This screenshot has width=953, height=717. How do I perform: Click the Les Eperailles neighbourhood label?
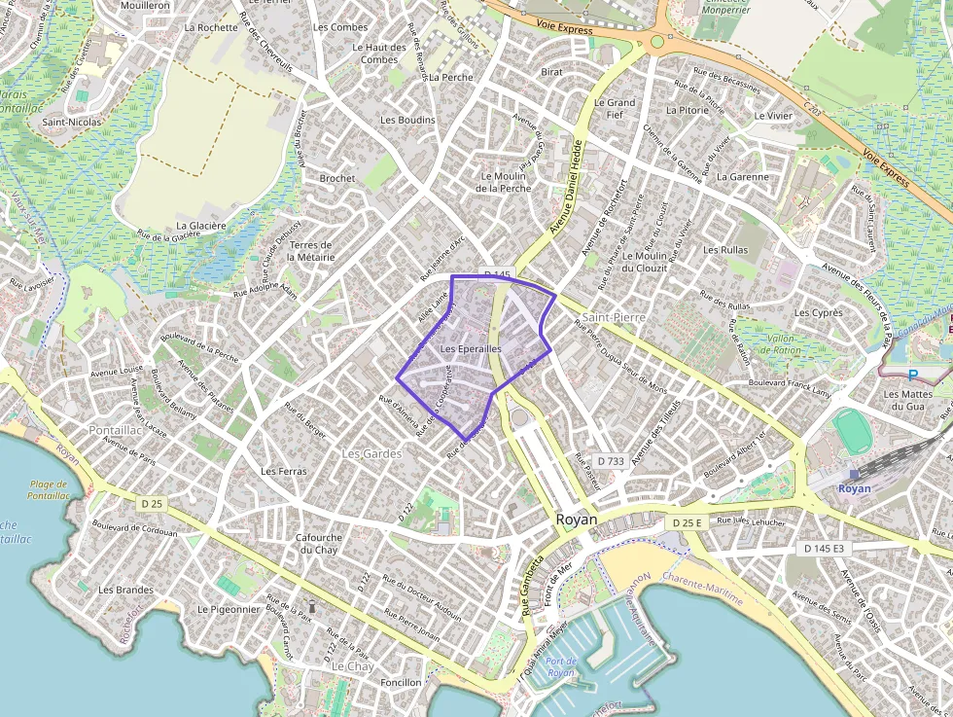(471, 348)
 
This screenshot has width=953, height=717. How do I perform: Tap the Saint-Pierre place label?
(616, 317)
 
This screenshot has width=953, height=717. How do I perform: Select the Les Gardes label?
(371, 453)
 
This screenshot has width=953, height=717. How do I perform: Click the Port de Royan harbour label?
(561, 667)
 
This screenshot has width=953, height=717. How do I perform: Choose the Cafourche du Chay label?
(318, 543)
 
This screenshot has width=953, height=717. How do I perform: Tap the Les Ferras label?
(283, 471)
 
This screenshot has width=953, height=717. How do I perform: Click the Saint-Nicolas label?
(71, 123)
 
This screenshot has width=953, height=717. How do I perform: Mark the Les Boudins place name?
(407, 120)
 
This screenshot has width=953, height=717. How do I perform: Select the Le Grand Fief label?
(615, 108)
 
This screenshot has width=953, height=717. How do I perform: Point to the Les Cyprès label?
(819, 313)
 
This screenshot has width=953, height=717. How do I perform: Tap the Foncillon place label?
(401, 682)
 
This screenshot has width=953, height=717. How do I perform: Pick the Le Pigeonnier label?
(229, 609)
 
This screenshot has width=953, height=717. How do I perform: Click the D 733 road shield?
(611, 460)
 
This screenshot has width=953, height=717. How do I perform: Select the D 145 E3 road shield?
(824, 549)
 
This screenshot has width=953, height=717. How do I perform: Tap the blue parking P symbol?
(912, 375)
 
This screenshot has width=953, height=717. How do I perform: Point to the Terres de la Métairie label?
(311, 251)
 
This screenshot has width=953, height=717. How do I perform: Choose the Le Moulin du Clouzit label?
(644, 262)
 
